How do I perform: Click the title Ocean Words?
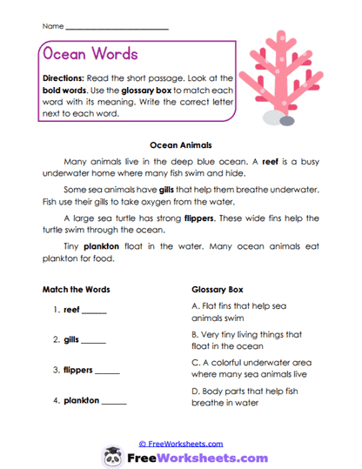(x=89, y=54)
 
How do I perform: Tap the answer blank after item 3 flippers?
(x=107, y=372)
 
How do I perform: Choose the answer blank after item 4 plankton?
(x=114, y=402)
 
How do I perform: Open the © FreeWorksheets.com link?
(x=181, y=443)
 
